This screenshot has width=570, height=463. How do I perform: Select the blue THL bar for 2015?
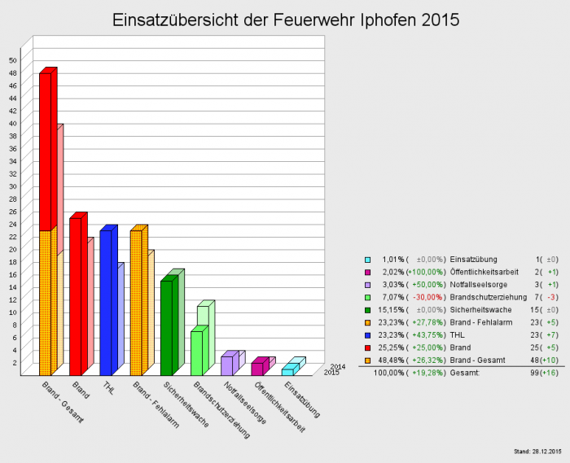point(105,302)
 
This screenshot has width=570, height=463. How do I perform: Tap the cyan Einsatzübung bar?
point(287,371)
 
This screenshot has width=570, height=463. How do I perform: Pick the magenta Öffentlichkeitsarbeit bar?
point(257,368)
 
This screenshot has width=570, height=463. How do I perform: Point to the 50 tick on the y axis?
point(13,60)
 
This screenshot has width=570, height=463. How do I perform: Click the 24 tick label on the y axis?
point(13,224)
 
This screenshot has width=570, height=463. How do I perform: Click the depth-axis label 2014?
point(338,367)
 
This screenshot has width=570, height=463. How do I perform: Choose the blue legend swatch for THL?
point(368,334)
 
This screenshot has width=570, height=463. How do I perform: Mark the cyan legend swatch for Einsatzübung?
point(368,259)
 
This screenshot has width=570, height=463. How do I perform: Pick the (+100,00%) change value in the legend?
point(427,272)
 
